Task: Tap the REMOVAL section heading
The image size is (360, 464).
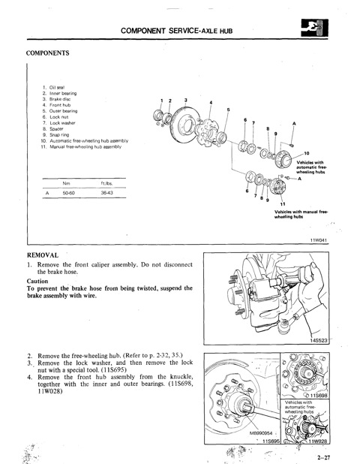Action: (x=46, y=255)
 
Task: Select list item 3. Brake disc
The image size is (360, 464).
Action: (x=55, y=98)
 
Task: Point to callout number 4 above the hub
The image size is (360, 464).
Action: (x=211, y=103)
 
